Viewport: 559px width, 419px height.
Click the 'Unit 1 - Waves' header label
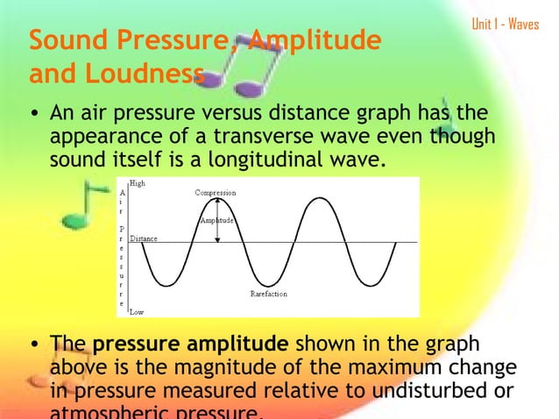[506, 24]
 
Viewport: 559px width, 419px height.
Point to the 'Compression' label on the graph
[215, 192]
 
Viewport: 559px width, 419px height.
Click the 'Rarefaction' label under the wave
[268, 295]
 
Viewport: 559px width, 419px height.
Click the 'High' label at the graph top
[138, 183]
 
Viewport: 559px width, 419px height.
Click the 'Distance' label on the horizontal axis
[144, 238]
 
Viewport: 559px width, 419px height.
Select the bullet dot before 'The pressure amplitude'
[33, 344]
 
